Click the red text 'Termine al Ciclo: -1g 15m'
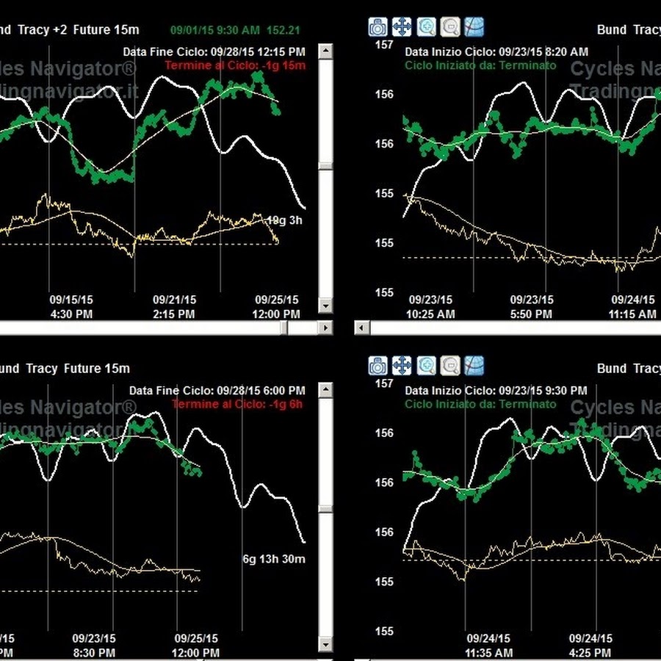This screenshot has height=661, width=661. pos(235,65)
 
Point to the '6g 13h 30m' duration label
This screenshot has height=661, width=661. pos(274,559)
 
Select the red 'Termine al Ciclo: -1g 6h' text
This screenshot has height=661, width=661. pos(237,404)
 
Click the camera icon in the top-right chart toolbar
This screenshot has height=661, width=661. pos(378,28)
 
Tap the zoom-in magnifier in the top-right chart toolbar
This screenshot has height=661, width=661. pos(426,28)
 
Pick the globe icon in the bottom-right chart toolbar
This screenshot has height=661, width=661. pos(474,365)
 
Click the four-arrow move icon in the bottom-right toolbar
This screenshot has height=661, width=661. pos(402,365)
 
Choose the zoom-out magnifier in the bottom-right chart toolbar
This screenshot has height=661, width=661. pos(450,365)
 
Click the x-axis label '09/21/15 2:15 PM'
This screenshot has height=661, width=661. pos(174,307)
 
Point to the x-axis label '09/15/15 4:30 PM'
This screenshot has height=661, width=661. pos(71,307)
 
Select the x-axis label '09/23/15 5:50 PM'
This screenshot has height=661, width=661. pos(531,307)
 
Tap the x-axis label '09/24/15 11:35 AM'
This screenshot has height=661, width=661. pos(488,646)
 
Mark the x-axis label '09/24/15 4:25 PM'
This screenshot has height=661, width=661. pos(591,646)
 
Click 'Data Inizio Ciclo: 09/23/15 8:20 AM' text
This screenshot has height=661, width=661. pos(496,52)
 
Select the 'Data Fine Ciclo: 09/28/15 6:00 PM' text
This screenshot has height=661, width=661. pos(217,391)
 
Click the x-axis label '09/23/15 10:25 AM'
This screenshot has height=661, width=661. pos(431,307)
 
